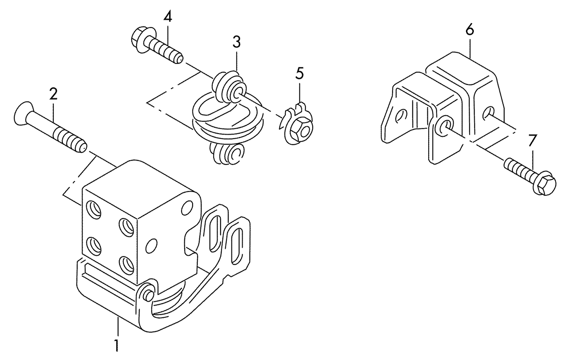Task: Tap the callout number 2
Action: click(x=53, y=94)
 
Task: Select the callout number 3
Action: click(x=236, y=43)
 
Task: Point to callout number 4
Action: click(x=168, y=17)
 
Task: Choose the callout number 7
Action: click(x=531, y=141)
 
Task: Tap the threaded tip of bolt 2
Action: click(x=81, y=146)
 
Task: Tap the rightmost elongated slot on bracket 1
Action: click(x=239, y=245)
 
